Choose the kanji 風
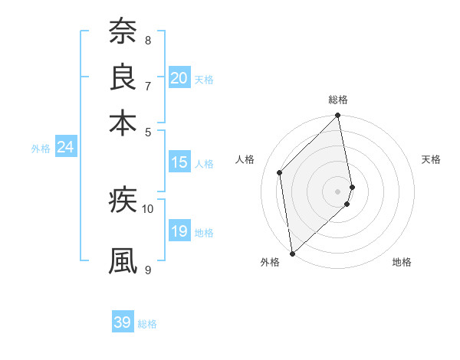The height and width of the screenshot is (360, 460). [x=123, y=260]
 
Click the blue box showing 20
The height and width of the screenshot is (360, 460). [x=179, y=78]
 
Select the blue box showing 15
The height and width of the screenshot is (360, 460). [x=179, y=162]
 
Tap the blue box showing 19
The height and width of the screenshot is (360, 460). [x=179, y=232]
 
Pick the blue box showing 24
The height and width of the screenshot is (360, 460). [x=65, y=148]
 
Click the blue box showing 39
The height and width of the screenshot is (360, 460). [x=123, y=322]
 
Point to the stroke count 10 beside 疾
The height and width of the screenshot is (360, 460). [x=148, y=208]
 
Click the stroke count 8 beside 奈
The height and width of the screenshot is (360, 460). [x=148, y=40]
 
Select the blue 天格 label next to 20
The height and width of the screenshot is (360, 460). [x=204, y=80]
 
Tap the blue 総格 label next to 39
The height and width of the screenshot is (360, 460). [x=148, y=324]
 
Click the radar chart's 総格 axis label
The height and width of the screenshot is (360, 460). [x=338, y=100]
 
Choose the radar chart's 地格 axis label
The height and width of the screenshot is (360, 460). [x=402, y=262]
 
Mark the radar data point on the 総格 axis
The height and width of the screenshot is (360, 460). [x=338, y=116]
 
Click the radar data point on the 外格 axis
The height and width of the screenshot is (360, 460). [x=292, y=253]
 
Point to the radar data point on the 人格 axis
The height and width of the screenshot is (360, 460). [x=280, y=172]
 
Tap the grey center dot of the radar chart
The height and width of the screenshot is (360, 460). [x=338, y=191]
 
